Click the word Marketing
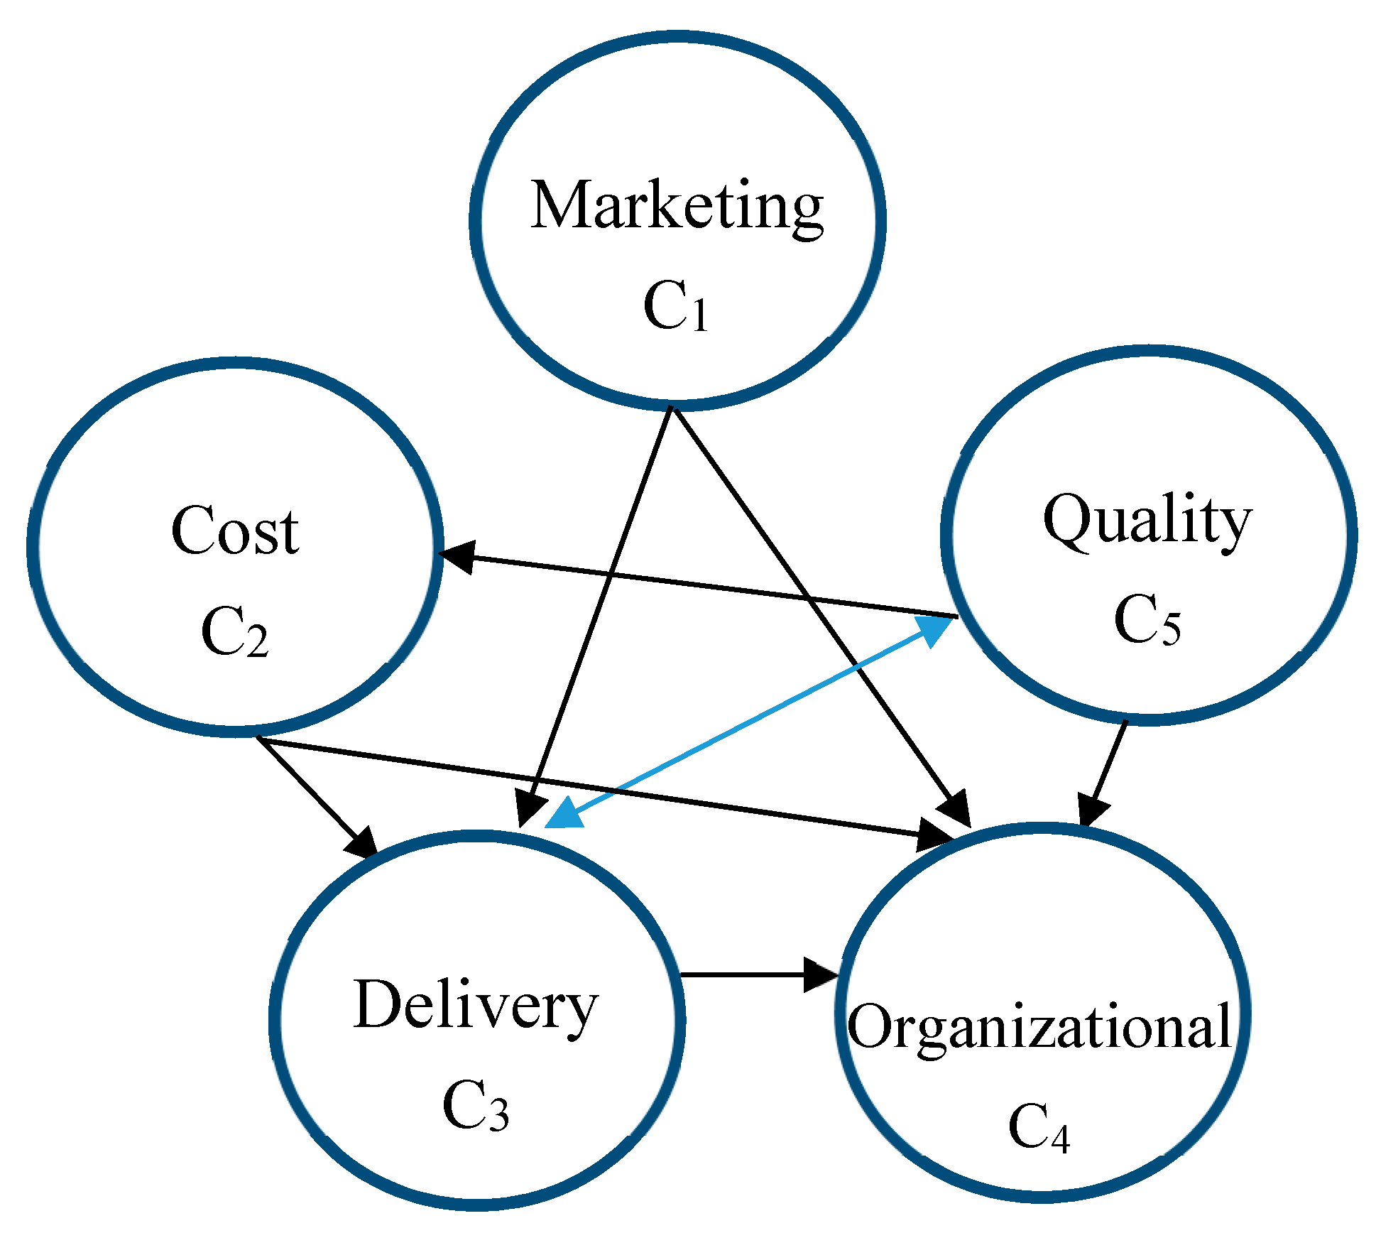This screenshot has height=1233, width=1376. (676, 206)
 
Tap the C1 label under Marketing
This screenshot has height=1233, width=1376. (675, 306)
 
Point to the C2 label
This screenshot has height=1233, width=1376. (235, 631)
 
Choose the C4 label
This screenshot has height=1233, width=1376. (1039, 1127)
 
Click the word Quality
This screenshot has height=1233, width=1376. (1147, 520)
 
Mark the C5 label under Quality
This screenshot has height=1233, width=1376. (1147, 619)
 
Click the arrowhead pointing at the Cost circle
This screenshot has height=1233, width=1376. (457, 556)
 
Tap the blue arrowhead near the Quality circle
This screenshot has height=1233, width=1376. (934, 631)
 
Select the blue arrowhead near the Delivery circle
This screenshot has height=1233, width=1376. (564, 814)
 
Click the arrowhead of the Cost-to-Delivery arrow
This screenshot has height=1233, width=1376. (361, 842)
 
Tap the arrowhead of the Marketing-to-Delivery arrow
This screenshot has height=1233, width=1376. (529, 808)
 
